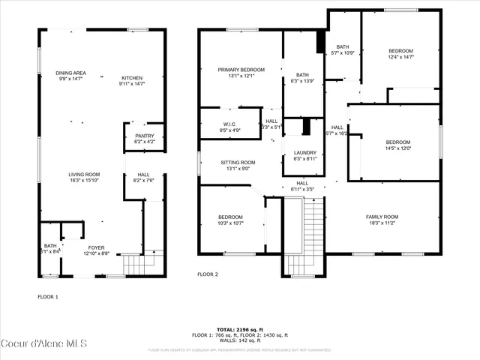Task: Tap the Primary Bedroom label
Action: pyautogui.click(x=236, y=72)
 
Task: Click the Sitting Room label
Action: pyautogui.click(x=238, y=165)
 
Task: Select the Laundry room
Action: pyautogui.click(x=304, y=155)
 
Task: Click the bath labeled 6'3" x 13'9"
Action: pyautogui.click(x=301, y=77)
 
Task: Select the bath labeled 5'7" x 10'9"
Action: pyautogui.click(x=343, y=49)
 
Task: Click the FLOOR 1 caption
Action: pyautogui.click(x=48, y=297)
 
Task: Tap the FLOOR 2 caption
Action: pyautogui.click(x=208, y=274)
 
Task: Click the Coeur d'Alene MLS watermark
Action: pyautogui.click(x=44, y=344)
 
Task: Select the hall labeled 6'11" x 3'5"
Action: pyautogui.click(x=302, y=185)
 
